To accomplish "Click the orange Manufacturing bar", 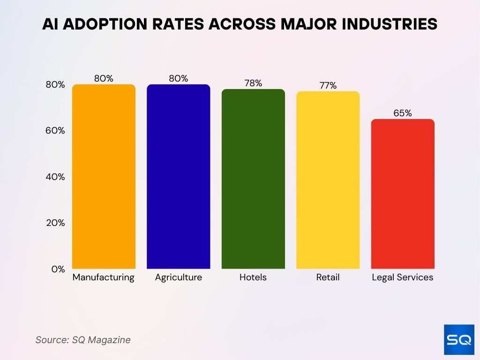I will [104, 177].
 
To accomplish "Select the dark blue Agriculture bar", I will [179, 177].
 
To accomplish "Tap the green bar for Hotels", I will [253, 179].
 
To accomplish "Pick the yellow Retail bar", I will [328, 180].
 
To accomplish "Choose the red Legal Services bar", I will [403, 194].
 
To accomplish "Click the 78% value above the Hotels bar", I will [253, 83].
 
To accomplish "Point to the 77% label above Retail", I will [328, 85].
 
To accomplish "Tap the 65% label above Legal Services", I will [403, 113].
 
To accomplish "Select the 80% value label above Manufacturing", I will [104, 78].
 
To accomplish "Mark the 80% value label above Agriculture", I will [179, 78].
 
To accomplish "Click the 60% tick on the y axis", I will [55, 131].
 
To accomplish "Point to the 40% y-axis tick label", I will [55, 177].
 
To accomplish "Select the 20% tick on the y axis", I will [55, 223].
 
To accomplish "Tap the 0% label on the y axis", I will [58, 269].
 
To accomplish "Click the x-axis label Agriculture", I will [179, 277].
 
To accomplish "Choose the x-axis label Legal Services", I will [403, 277].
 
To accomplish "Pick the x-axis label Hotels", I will [253, 277].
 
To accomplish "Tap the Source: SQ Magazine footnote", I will [83, 340].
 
